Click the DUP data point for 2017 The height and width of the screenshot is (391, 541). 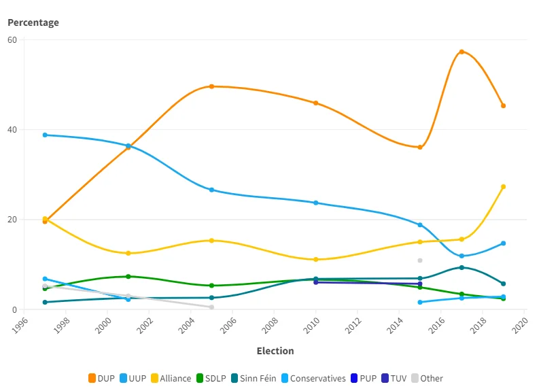(461, 52)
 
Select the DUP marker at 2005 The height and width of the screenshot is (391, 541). (211, 86)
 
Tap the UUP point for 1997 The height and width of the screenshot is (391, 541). (45, 135)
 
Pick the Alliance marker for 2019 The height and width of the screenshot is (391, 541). (503, 186)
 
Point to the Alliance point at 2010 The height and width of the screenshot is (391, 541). (316, 259)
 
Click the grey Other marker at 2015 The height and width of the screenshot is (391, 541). (420, 260)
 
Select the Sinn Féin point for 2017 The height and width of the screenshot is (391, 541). (461, 267)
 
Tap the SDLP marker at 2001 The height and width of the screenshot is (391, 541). (128, 276)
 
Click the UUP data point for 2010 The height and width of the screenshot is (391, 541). (316, 203)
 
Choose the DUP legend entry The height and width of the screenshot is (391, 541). (101, 378)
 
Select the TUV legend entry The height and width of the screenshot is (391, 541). (395, 378)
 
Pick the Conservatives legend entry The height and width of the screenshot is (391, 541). (313, 378)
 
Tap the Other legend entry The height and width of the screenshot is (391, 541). (427, 378)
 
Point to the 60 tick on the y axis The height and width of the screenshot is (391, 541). (13, 39)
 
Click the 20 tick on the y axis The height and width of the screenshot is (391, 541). (13, 220)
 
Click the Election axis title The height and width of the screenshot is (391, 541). (275, 351)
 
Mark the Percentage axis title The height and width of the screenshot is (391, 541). (33, 22)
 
